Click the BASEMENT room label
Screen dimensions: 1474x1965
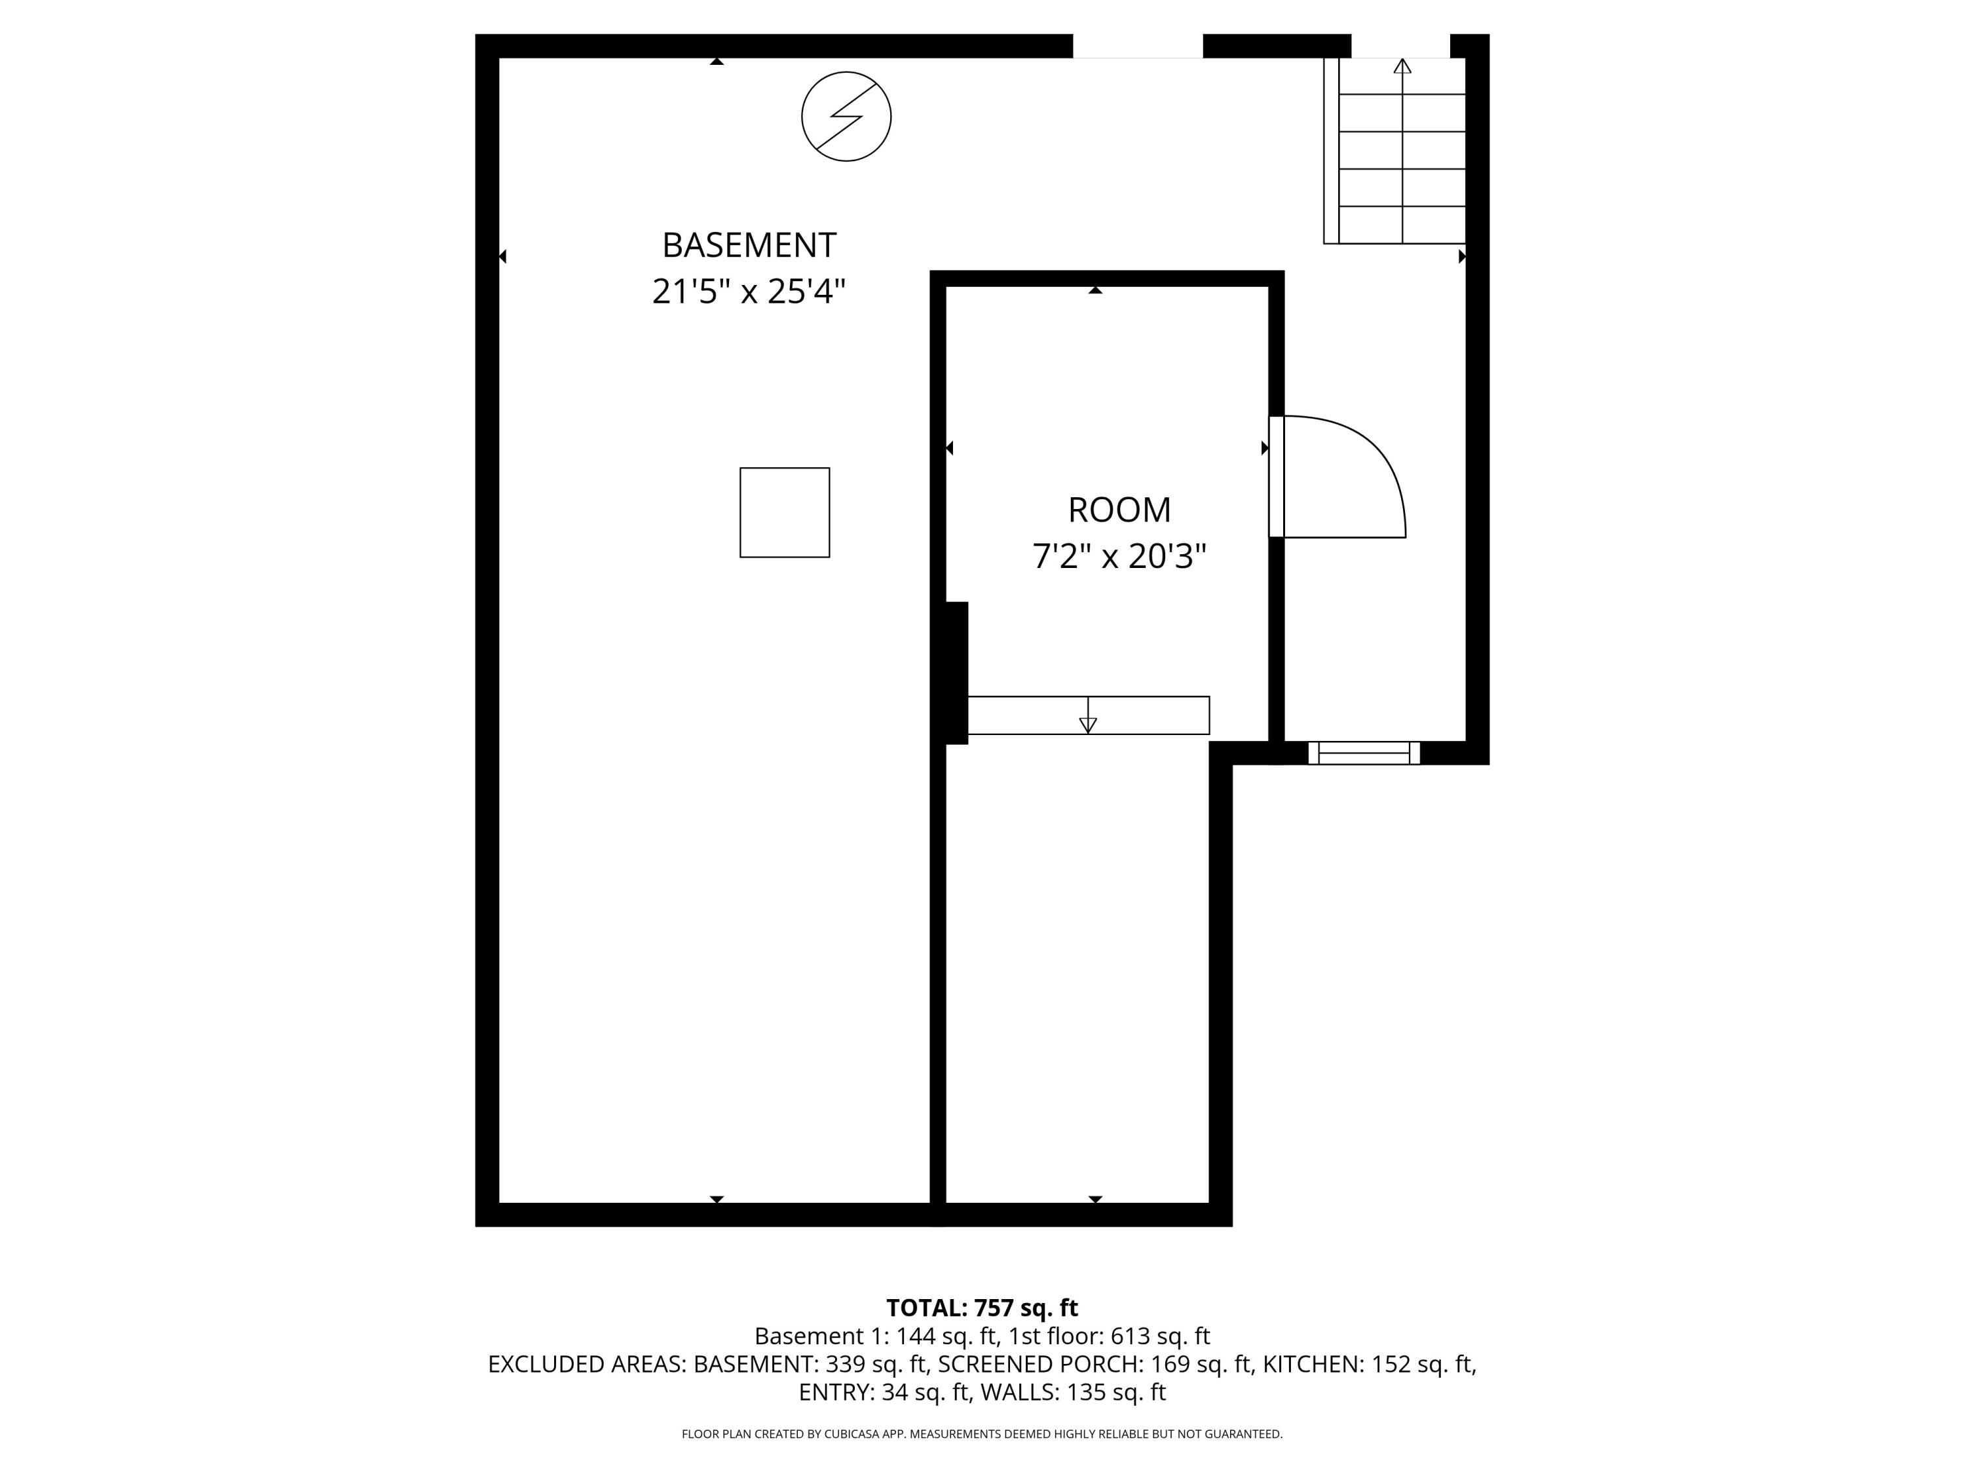[748, 244]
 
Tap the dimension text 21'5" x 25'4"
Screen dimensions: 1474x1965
[748, 292]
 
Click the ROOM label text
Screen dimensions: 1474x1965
[1119, 510]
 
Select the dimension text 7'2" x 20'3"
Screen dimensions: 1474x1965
[1119, 557]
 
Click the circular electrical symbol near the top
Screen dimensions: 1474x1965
[846, 117]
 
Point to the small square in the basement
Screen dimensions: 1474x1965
[785, 513]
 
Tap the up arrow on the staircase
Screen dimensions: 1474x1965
[1402, 67]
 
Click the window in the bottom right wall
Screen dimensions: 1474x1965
[1364, 753]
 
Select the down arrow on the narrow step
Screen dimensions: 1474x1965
[1087, 724]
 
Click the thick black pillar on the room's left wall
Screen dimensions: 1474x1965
[955, 673]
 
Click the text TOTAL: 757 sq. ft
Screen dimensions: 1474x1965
[982, 1308]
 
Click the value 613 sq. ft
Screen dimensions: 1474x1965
[1159, 1336]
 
